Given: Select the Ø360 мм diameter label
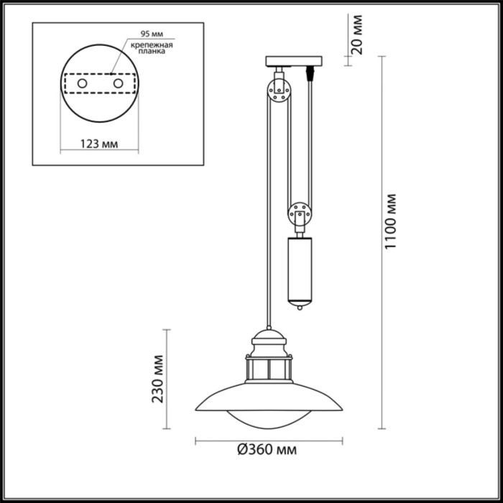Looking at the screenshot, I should (267, 450).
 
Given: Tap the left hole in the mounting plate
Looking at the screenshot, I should (83, 85).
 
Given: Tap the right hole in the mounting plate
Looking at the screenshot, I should (118, 85).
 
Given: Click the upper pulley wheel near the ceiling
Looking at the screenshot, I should (279, 91).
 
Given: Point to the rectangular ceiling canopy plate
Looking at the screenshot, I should (292, 61).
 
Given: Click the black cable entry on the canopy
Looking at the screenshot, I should (312, 73).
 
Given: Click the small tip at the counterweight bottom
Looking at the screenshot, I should (300, 308).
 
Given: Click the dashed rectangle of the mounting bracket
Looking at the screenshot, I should (100, 85).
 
